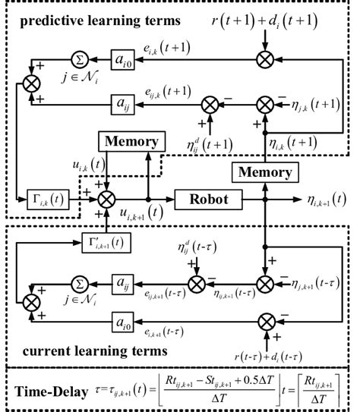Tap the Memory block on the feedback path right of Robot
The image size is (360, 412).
tap(264, 173)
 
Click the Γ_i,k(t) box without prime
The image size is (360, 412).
tap(36, 200)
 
